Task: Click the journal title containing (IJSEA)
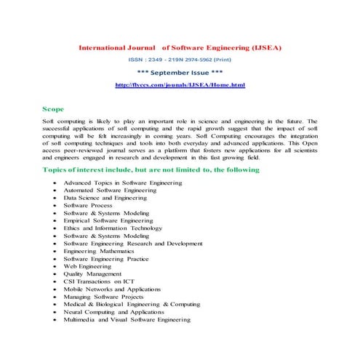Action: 180,47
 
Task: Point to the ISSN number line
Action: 180,60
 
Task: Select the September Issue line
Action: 180,73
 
